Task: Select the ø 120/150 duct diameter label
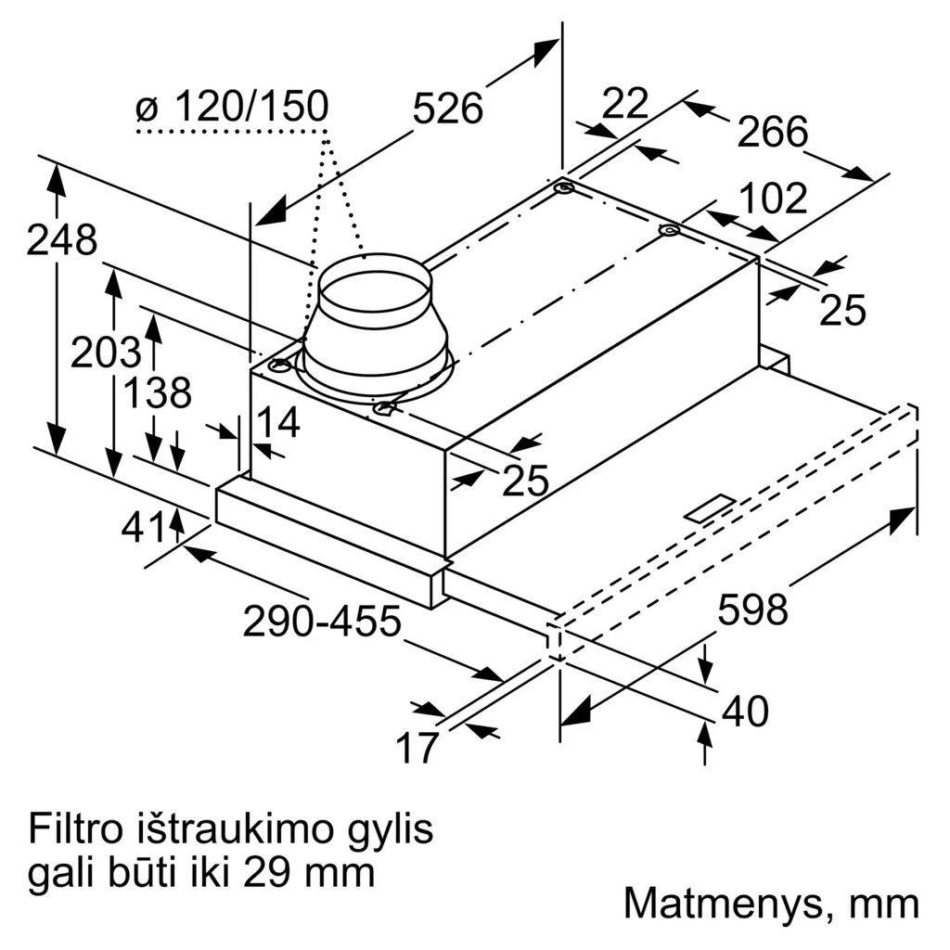coord(233,107)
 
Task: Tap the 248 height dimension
coord(62,240)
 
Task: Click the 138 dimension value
coord(157,392)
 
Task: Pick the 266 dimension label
coord(773,132)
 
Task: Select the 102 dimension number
coord(774,199)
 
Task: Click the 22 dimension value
coord(624,103)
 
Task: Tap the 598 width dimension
coord(752,609)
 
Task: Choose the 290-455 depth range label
coord(322,621)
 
